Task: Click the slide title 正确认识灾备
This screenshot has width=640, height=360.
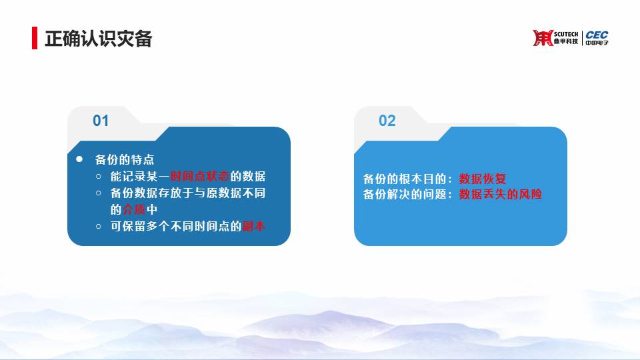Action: click(99, 39)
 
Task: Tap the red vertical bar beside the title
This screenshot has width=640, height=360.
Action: click(35, 38)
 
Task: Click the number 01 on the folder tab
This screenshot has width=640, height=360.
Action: click(101, 121)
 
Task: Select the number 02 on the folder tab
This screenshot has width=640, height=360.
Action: click(387, 121)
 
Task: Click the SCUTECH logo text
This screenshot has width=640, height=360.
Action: click(566, 34)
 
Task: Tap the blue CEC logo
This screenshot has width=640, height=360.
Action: click(597, 35)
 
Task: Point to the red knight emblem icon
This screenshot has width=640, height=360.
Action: click(543, 38)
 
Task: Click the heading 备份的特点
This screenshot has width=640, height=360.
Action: click(125, 159)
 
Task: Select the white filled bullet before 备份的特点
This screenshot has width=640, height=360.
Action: click(79, 159)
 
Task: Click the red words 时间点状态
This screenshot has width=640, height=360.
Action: click(200, 176)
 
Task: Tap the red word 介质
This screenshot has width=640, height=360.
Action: click(134, 209)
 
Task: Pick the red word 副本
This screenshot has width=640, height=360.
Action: click(254, 226)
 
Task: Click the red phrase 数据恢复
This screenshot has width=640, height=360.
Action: click(483, 179)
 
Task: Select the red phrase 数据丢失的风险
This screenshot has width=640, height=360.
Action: click(501, 194)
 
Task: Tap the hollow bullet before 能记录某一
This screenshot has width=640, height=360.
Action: click(99, 176)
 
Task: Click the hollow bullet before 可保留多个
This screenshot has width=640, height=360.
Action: click(99, 226)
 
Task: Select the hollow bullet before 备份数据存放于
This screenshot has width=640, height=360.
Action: click(99, 193)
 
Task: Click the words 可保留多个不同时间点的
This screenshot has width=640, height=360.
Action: click(176, 226)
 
